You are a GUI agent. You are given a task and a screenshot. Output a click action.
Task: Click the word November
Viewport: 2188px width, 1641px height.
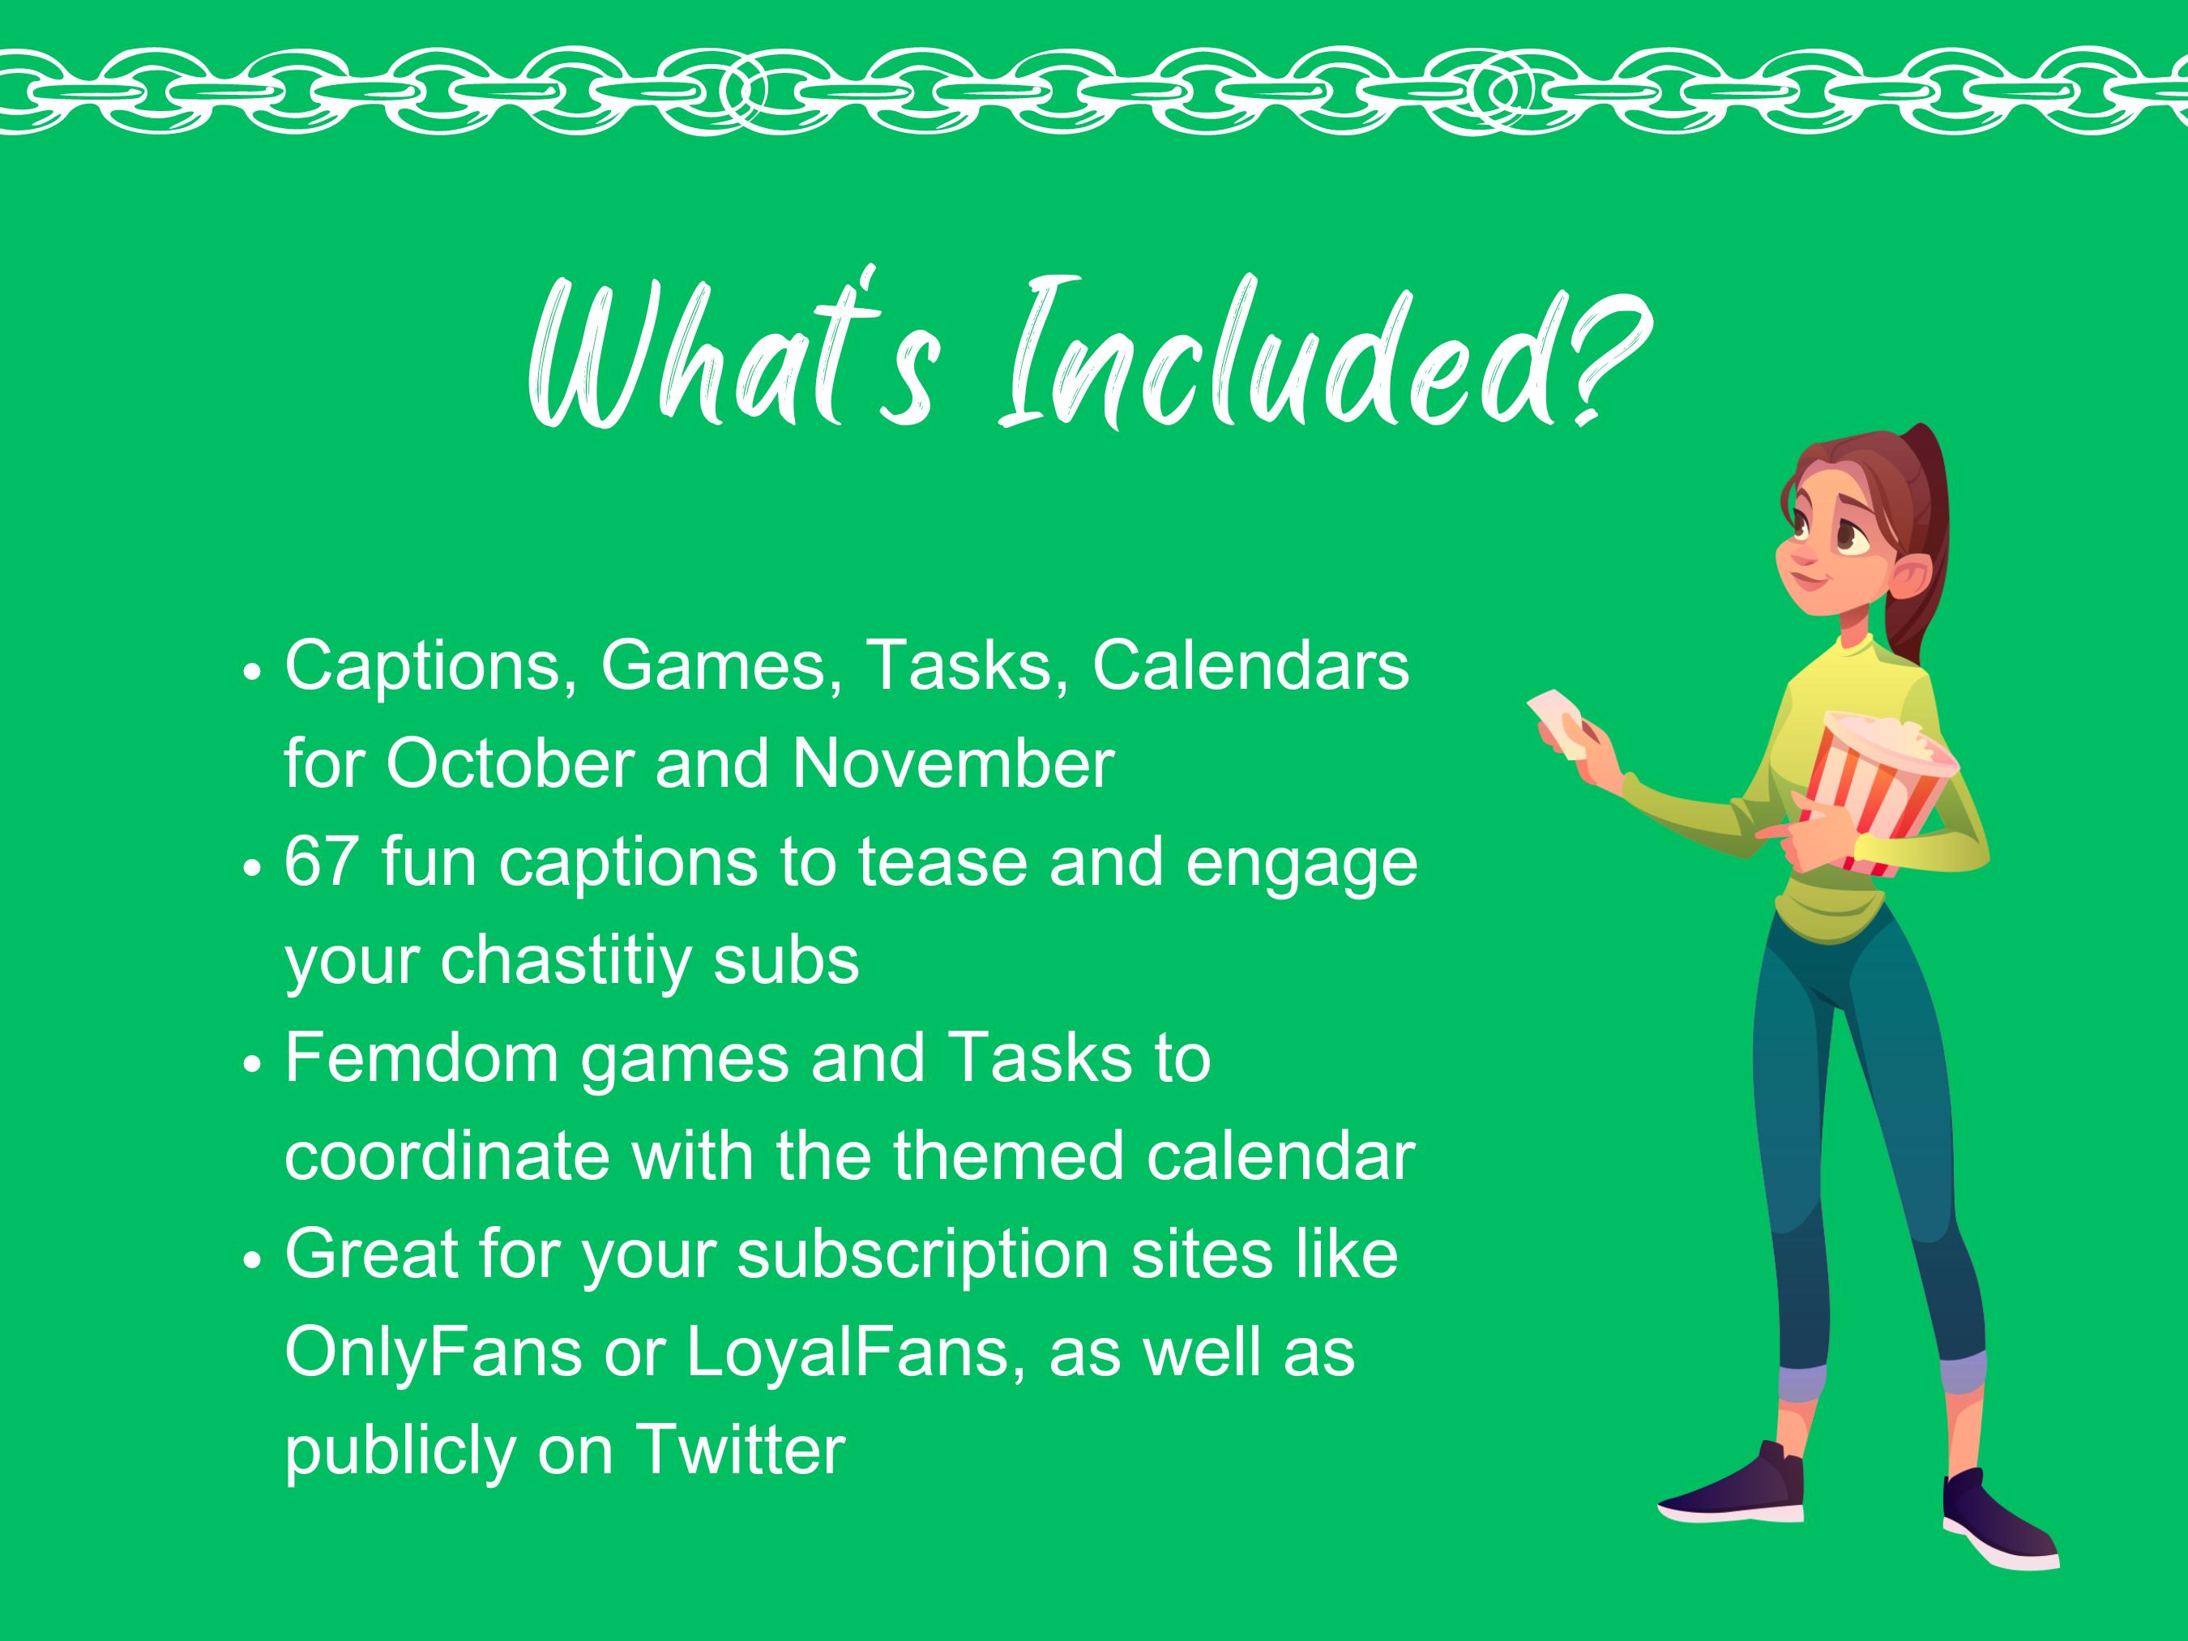(952, 765)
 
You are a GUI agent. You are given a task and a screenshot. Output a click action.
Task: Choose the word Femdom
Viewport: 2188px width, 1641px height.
(422, 1058)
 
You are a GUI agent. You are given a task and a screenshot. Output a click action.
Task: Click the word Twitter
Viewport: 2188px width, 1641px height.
(740, 1450)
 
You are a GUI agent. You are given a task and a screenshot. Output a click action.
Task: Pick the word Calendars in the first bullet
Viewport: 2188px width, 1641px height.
(1250, 665)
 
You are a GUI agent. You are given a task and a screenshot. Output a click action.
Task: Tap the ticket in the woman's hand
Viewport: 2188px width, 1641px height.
(1561, 722)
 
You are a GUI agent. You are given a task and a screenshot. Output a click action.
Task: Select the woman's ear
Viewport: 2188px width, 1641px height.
(1907, 575)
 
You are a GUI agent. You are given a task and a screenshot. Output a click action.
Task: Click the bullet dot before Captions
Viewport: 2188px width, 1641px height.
(253, 672)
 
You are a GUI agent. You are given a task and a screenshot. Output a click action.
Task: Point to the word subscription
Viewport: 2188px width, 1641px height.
(923, 1255)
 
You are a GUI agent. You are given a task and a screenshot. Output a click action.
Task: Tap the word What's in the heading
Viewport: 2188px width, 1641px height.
(732, 356)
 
